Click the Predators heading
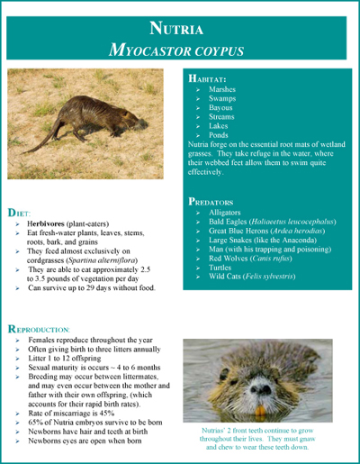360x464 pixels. point(217,202)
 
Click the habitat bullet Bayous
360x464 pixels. point(221,108)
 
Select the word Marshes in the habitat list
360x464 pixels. point(223,90)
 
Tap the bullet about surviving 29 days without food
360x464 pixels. point(91,288)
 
